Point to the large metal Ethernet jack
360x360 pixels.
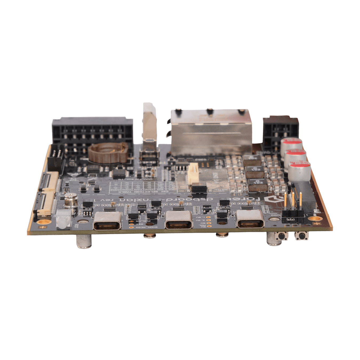[211, 133]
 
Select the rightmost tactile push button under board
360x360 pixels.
[302, 236]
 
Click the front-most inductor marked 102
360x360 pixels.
[257, 185]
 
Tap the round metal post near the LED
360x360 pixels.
[71, 201]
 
